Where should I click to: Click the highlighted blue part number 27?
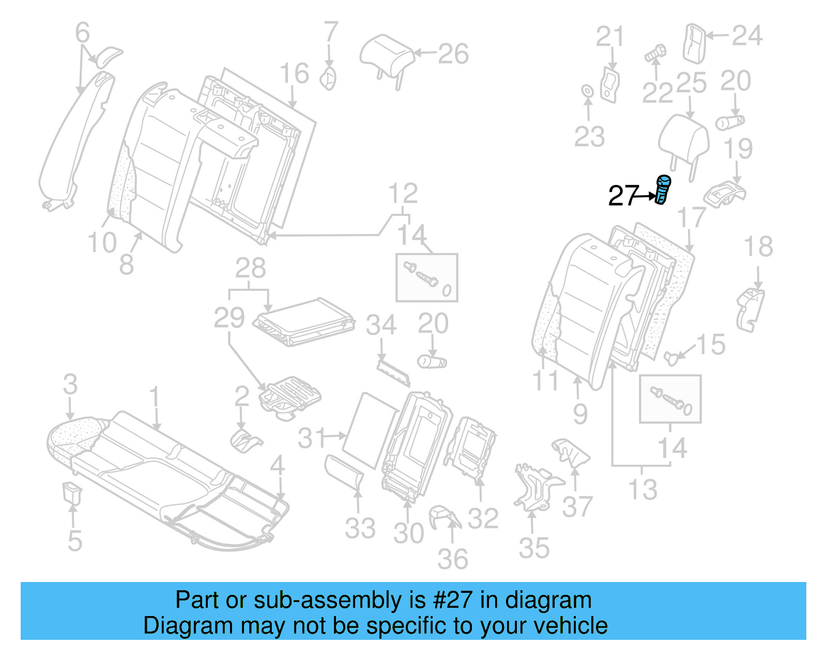662,190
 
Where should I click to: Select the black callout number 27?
623,196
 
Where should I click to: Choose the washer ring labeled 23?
588,91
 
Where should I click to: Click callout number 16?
295,73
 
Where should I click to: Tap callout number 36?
453,559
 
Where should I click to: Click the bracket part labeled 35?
535,486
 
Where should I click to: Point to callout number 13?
642,489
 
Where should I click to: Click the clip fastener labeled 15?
671,357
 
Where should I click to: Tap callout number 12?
403,194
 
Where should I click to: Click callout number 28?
251,268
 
